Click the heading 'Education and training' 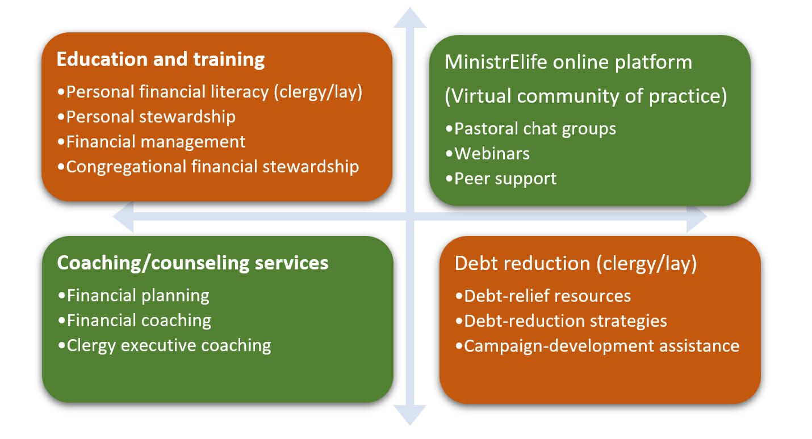(x=161, y=60)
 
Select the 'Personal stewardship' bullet (x=147, y=117)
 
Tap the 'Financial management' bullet (x=152, y=142)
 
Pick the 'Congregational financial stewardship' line (x=208, y=167)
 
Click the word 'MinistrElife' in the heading (x=496, y=62)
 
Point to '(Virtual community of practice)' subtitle (x=586, y=96)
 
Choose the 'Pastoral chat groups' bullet (x=531, y=129)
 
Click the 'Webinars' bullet (x=488, y=154)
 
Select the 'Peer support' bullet (x=501, y=179)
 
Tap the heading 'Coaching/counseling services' (x=192, y=263)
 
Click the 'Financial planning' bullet (x=134, y=296)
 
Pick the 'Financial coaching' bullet (x=135, y=321)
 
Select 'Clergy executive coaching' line (x=165, y=346)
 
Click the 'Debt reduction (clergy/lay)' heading (x=576, y=264)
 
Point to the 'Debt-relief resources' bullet (x=543, y=296)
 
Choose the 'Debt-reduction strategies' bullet (x=561, y=321)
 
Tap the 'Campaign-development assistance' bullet (x=597, y=347)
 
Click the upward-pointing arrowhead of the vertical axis (x=410, y=18)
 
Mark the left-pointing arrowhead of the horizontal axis (x=123, y=217)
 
